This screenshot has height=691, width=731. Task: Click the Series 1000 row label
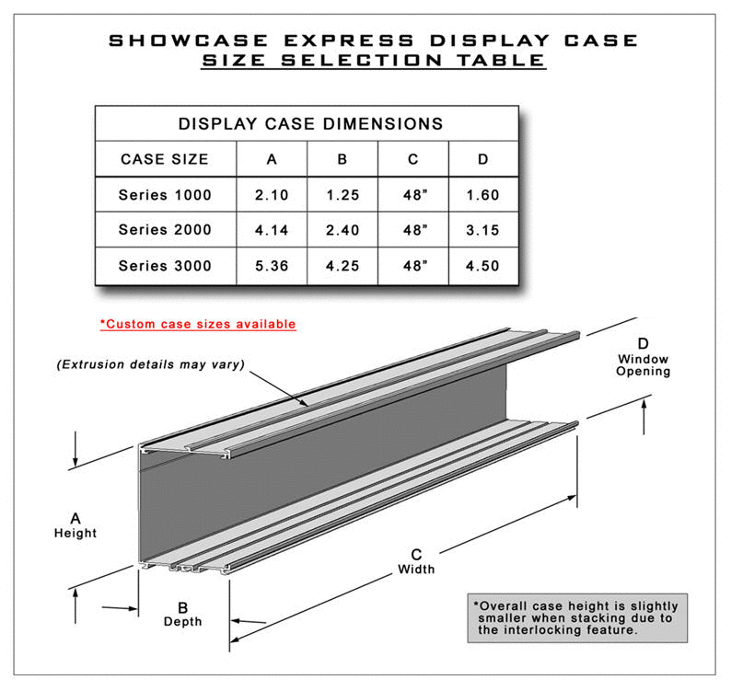coord(165,195)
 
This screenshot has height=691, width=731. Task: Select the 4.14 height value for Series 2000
coord(271,230)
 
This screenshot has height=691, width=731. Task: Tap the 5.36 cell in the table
coord(271,266)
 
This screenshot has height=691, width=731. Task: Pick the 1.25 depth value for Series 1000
coord(342,195)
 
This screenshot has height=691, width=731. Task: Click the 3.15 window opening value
coord(482,230)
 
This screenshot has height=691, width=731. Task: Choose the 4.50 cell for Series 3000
coord(482,266)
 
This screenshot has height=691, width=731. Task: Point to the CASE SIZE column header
coord(165,159)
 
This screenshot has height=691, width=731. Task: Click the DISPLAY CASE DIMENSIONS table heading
coord(310,123)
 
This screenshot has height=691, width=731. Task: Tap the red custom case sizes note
coord(198,324)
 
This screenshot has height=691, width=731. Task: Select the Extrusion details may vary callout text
coord(150,363)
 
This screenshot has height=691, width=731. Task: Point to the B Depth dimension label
coord(182,614)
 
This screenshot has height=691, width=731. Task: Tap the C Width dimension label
coord(416,561)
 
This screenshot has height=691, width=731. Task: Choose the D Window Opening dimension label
coord(644,357)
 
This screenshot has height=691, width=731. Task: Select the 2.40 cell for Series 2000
coord(342,230)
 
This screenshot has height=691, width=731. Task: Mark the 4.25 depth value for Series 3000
coord(342,266)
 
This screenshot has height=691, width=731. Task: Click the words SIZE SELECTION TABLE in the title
coord(372,62)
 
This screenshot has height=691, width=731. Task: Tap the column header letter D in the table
coord(482,159)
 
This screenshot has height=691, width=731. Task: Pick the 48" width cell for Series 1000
coord(412,195)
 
